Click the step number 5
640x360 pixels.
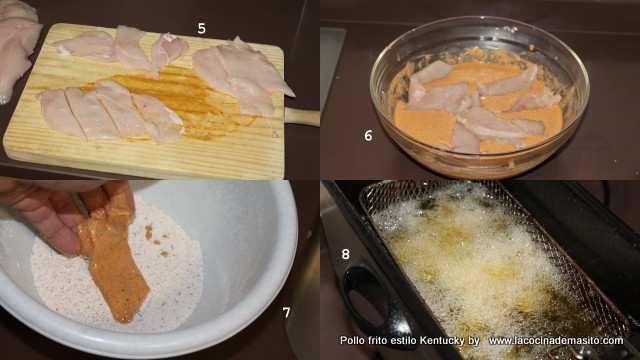[x=202, y=29]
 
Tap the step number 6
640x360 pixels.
[x=368, y=136]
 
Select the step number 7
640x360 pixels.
[x=287, y=312]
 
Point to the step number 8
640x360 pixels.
[x=345, y=254]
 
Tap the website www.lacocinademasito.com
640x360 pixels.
[x=556, y=340]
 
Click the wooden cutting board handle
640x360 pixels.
[x=302, y=117]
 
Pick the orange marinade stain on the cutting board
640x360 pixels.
[x=180, y=98]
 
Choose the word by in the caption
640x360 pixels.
[x=473, y=340]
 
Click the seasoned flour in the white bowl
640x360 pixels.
[x=118, y=278]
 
